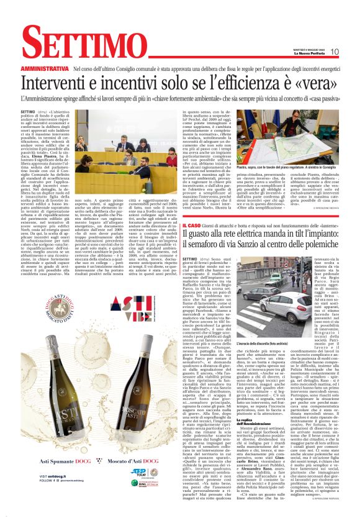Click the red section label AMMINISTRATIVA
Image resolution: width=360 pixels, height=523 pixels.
click(x=44, y=68)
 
